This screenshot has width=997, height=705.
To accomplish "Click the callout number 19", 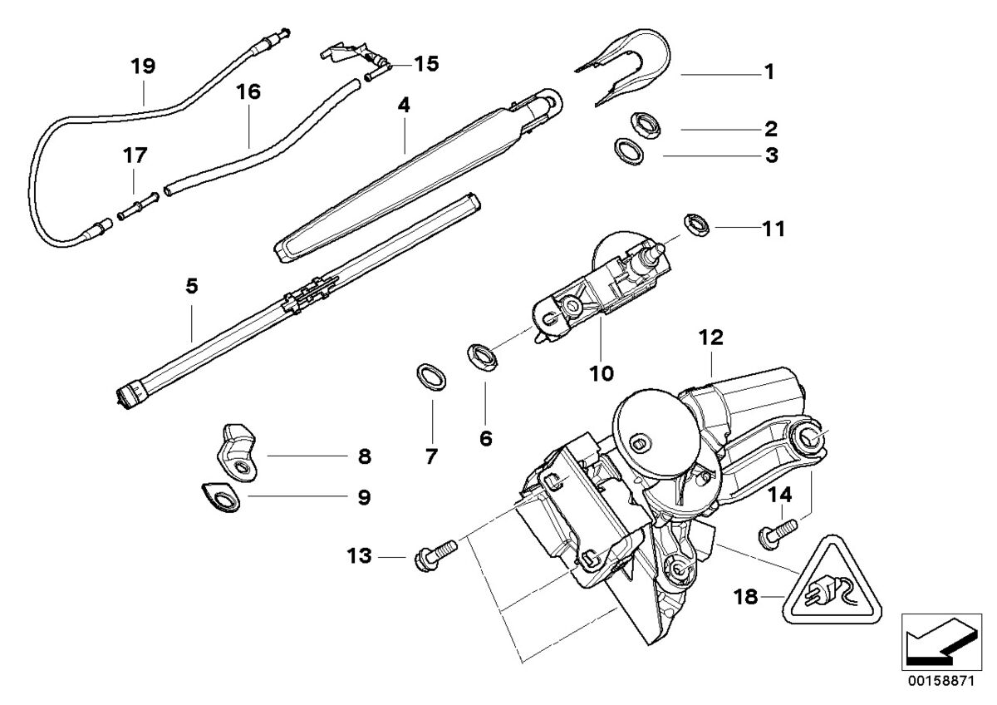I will (x=143, y=65).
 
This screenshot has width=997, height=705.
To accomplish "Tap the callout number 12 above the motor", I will (x=711, y=338).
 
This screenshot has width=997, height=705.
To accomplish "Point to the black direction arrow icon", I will (x=939, y=640).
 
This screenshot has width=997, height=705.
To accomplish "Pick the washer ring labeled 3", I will (x=629, y=150).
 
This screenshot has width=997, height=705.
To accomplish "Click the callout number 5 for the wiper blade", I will (x=192, y=286).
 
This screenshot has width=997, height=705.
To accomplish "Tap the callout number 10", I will (x=602, y=373).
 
